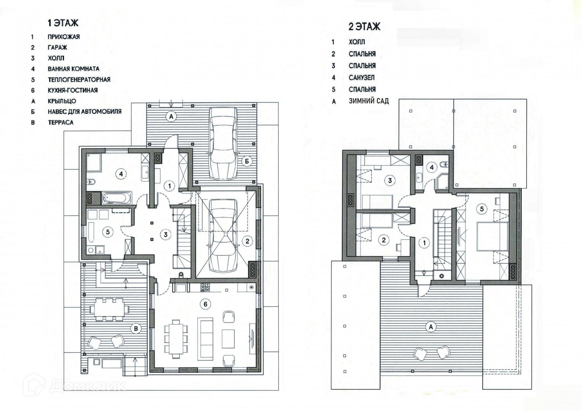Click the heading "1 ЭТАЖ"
pos(62,23)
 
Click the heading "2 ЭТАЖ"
pos(365,27)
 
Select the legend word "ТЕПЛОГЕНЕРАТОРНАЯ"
pos(79,80)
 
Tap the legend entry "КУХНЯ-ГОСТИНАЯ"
pos(72,90)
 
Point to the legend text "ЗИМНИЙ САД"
pos(368,101)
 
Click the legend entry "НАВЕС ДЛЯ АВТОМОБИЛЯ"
pos(85,112)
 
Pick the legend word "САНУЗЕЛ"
pos(361,78)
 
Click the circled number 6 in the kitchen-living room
pos(205,304)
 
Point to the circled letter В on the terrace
pos(136,329)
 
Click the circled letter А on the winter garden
pos(431,327)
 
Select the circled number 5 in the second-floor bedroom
pos(482,209)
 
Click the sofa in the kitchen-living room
pos(206,338)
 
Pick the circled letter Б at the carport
pos(246,161)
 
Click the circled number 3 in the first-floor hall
pos(165,235)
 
